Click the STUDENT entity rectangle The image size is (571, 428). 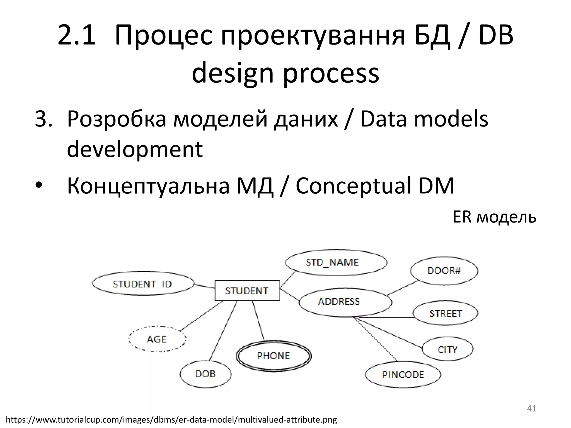pyautogui.click(x=247, y=290)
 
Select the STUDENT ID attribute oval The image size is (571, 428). pyautogui.click(x=143, y=284)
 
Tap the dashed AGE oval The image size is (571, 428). pyautogui.click(x=157, y=339)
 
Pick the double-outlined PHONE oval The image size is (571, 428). pyautogui.click(x=274, y=356)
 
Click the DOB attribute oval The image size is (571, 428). pyautogui.click(x=205, y=374)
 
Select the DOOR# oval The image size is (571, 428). pyautogui.click(x=444, y=271)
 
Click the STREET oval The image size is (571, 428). pyautogui.click(x=445, y=313)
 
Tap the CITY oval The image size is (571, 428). pyautogui.click(x=447, y=349)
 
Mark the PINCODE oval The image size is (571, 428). pyautogui.click(x=403, y=374)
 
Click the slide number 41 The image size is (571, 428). pyautogui.click(x=531, y=408)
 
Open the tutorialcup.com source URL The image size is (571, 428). pyautogui.click(x=171, y=420)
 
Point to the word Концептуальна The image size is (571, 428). pyautogui.click(x=148, y=186)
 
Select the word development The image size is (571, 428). pyautogui.click(x=135, y=149)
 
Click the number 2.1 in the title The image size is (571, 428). pyautogui.click(x=76, y=35)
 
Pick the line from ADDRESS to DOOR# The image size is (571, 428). pyautogui.click(x=403, y=288)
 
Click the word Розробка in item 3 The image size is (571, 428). pyautogui.click(x=117, y=119)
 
